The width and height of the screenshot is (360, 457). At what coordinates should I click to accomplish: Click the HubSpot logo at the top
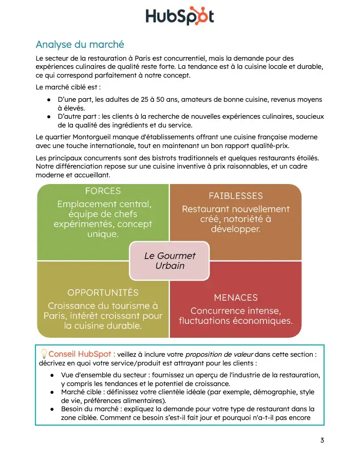click(179, 16)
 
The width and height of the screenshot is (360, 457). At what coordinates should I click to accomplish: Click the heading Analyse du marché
click(80, 45)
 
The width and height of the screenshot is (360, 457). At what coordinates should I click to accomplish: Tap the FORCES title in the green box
click(103, 191)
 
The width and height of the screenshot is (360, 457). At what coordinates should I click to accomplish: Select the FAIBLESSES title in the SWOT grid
click(235, 196)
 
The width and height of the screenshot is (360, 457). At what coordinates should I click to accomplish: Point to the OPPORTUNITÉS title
click(103, 293)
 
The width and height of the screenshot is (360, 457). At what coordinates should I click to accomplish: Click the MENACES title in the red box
click(235, 298)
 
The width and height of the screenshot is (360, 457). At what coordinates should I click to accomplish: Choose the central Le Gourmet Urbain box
click(169, 261)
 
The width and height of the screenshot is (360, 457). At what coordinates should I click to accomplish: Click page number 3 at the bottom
click(322, 440)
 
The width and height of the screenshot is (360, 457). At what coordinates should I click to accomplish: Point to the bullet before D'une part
click(48, 100)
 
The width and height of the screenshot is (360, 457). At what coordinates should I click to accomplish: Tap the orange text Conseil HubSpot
click(81, 354)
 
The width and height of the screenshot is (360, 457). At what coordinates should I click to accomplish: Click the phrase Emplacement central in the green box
click(104, 204)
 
